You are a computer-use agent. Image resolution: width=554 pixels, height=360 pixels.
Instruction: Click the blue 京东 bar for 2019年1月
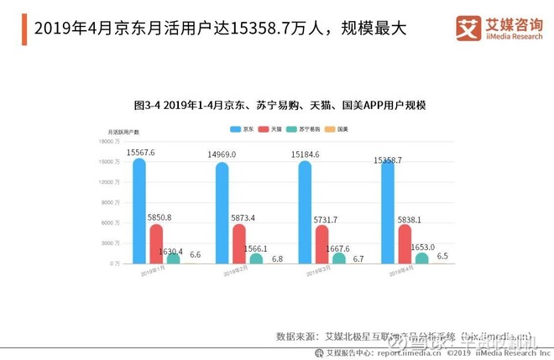point(139,211)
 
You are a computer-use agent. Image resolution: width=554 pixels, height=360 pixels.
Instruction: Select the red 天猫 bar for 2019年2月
point(239,244)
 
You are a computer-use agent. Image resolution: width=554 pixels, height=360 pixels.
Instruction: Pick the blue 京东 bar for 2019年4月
point(388,212)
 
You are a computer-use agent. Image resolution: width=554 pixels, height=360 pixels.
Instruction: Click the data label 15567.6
point(141,152)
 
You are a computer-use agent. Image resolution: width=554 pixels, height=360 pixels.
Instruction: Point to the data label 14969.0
point(222,154)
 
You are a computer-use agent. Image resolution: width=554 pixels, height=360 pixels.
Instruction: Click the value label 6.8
point(278,258)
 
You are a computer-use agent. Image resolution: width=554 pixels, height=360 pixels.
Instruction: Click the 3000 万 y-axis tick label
point(112,243)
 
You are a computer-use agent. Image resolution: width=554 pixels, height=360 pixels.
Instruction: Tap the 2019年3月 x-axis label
point(320,272)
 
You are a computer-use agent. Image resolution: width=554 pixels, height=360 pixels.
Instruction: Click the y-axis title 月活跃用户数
point(124,133)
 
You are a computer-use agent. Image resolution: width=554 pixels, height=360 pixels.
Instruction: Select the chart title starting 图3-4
point(280,106)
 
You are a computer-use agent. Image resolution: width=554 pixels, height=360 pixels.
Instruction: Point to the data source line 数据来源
point(404,336)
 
